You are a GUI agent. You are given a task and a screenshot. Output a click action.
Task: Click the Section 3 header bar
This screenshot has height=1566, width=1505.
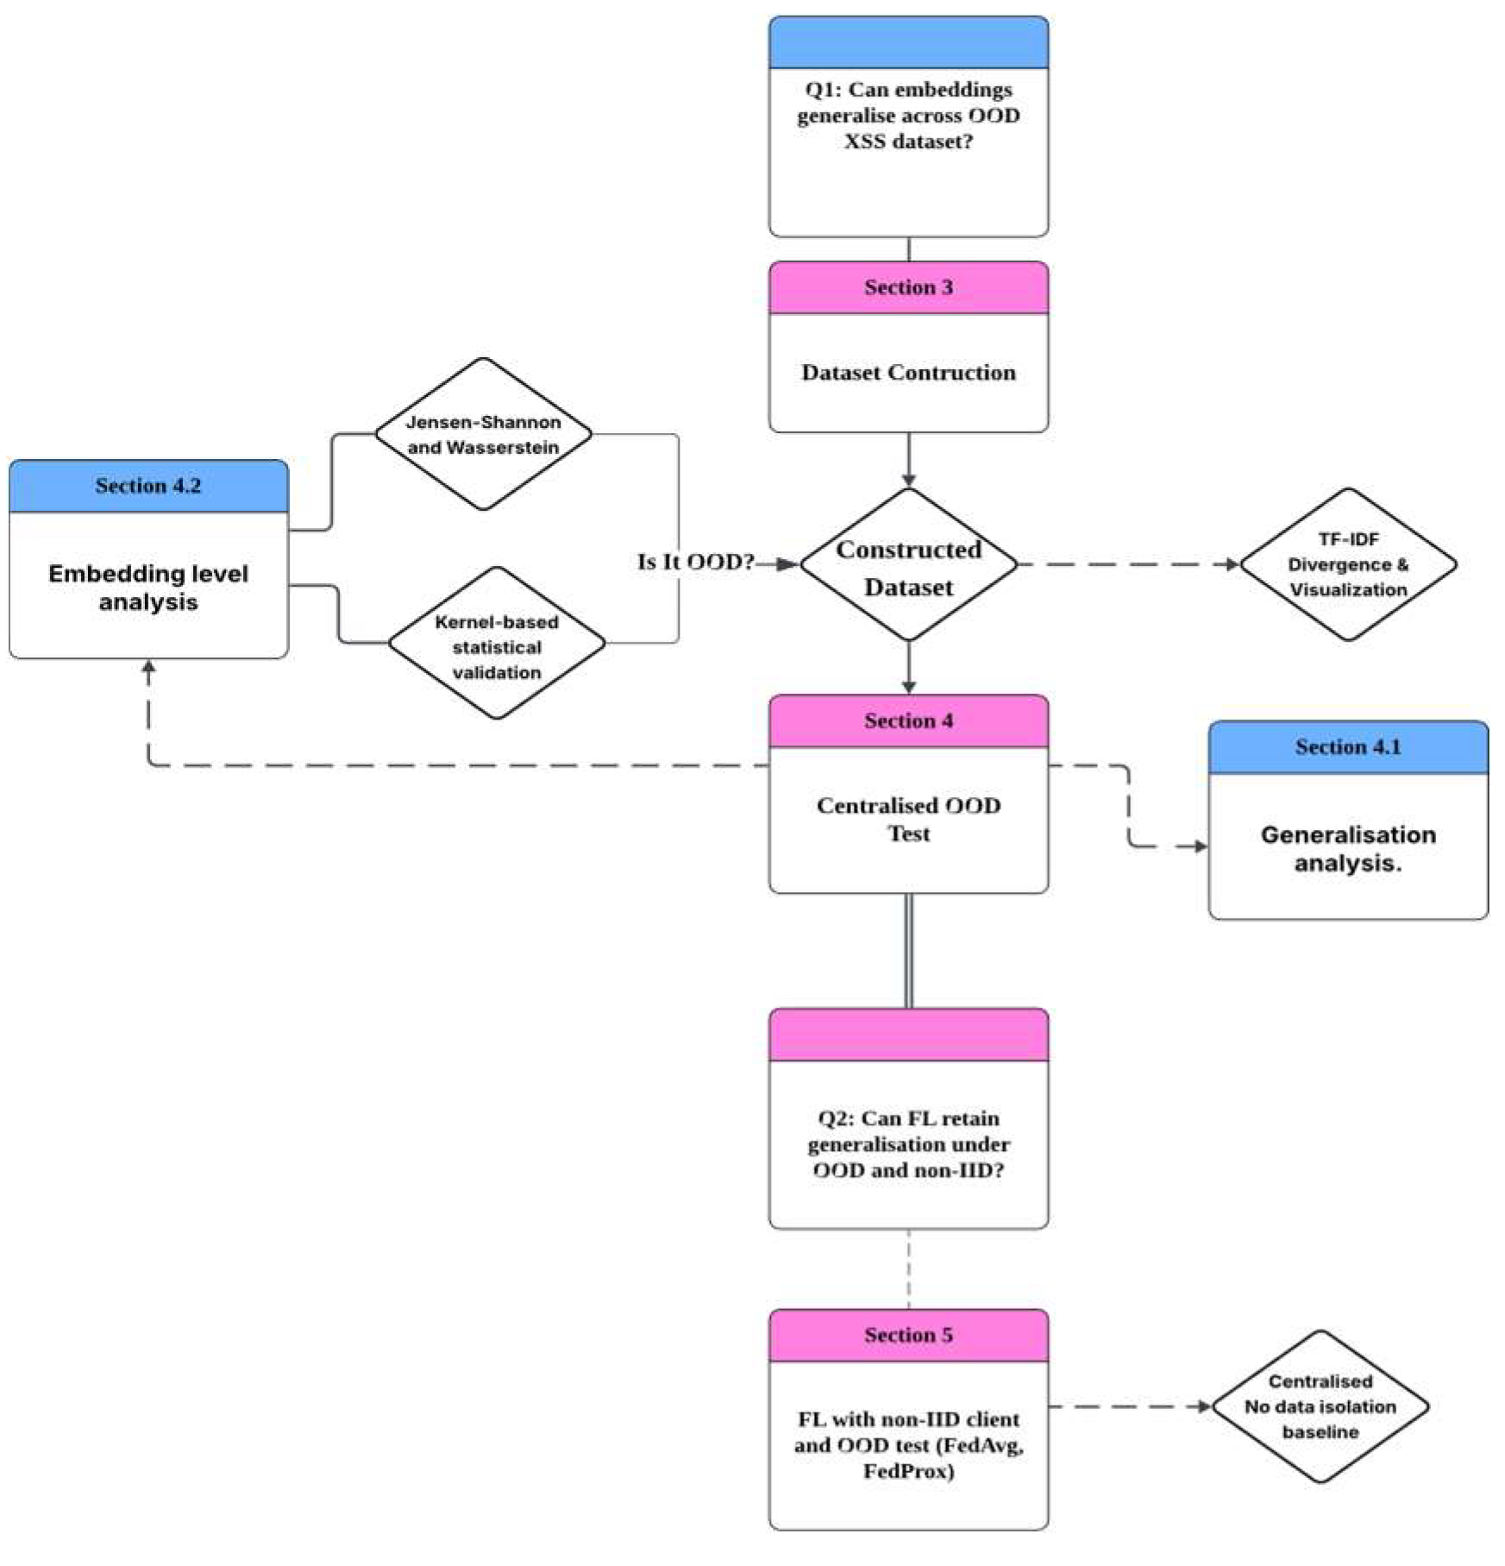pos(908,287)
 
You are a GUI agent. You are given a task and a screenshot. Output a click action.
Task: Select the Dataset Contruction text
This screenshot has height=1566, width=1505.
pos(908,373)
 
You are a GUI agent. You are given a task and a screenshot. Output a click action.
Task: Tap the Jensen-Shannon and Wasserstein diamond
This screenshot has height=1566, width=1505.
pos(483,434)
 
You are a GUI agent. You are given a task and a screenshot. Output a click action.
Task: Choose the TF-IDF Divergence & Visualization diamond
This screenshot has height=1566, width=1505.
pos(1347,564)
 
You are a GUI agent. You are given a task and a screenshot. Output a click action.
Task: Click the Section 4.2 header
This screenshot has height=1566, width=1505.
pos(148,486)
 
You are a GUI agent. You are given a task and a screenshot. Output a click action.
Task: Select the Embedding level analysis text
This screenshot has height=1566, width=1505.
pos(148,588)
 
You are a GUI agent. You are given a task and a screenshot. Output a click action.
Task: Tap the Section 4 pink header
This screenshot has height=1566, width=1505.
pos(908,720)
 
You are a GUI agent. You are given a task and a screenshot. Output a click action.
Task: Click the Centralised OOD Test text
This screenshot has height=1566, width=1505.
pos(908,819)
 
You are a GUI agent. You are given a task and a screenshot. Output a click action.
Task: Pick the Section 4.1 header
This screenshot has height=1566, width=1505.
pos(1347,747)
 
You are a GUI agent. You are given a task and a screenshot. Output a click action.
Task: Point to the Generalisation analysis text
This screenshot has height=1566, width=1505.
pos(1347,848)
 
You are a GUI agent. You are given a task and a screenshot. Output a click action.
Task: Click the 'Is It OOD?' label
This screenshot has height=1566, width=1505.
pos(695,562)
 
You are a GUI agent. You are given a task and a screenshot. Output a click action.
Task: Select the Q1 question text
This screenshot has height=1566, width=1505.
pos(908,116)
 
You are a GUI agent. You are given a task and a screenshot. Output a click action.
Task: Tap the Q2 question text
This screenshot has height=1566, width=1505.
pos(908,1144)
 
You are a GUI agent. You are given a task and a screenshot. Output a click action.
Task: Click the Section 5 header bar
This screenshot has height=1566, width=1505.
pos(908,1335)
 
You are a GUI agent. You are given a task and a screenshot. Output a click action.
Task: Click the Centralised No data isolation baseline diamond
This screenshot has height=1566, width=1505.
pos(1320,1406)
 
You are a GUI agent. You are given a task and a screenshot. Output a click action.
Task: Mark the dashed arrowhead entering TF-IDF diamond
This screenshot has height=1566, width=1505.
pos(1232,564)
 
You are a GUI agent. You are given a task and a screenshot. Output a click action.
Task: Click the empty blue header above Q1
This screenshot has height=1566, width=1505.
pos(908,42)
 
